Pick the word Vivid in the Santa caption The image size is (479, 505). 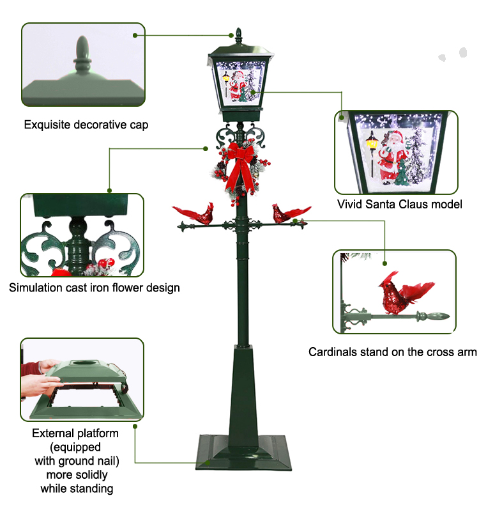pos(351,205)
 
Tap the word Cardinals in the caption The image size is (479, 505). pos(332,352)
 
